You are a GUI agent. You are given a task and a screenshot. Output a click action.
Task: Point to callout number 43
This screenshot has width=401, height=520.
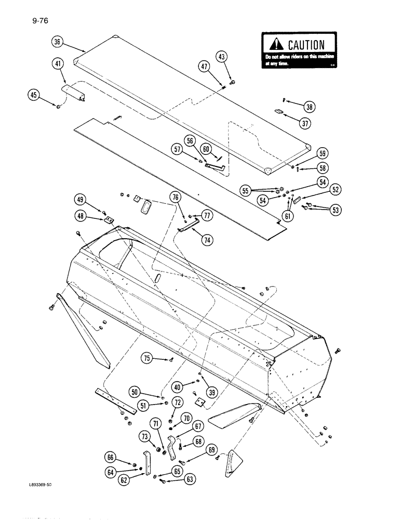tap(222, 57)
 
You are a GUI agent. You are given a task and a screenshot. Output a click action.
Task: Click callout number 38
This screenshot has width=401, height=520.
tap(310, 107)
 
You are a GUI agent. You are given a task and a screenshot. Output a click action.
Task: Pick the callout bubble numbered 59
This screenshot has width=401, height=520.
tap(322, 154)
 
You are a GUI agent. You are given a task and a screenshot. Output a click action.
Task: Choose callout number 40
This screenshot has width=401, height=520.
tap(178, 386)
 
